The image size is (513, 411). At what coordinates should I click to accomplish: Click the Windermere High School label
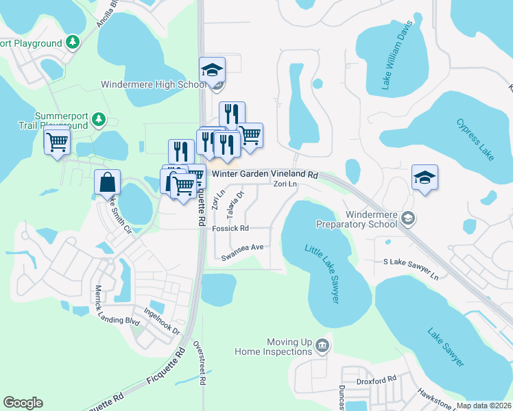click(x=152, y=85)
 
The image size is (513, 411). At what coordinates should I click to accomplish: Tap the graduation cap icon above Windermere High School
click(x=213, y=69)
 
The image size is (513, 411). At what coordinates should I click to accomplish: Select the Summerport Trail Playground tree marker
click(x=99, y=121)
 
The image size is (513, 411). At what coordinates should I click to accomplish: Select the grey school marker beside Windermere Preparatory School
click(x=408, y=218)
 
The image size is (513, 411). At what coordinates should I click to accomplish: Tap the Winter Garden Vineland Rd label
click(x=265, y=175)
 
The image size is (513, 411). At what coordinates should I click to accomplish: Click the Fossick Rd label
click(x=230, y=228)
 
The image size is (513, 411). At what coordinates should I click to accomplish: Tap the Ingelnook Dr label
click(x=160, y=320)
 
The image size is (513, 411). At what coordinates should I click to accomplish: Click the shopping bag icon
click(x=108, y=182)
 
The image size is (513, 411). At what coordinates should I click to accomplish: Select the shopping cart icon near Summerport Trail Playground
click(x=57, y=142)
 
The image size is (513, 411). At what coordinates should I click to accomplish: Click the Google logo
click(x=23, y=403)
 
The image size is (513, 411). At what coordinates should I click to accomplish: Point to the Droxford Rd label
click(x=377, y=379)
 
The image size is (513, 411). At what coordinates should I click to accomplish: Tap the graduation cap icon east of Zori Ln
click(x=425, y=177)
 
